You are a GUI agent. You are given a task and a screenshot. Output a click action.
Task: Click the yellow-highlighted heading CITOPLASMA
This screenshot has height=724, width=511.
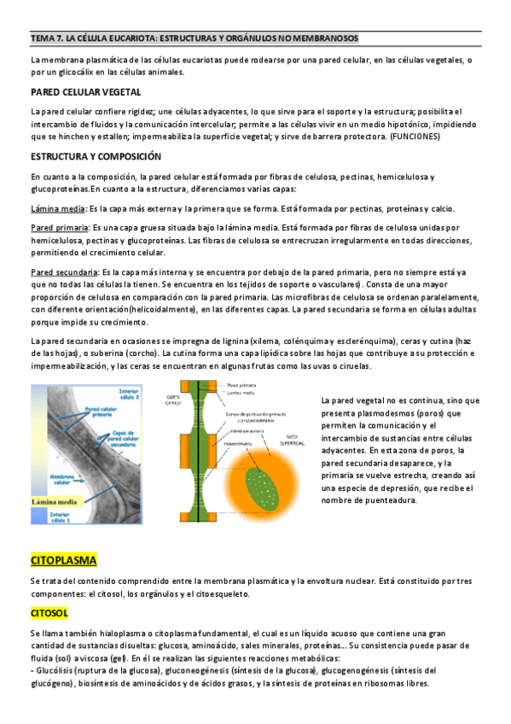[x=64, y=560]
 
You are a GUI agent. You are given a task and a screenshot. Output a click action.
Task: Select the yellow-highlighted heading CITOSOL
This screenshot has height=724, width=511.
[x=50, y=613]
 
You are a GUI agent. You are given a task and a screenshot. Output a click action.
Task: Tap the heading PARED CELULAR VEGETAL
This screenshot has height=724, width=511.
[x=86, y=91]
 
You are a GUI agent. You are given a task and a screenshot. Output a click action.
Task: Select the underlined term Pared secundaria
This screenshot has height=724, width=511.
[x=62, y=271]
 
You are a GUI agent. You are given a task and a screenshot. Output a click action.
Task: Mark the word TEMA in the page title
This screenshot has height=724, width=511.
[x=42, y=38]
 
